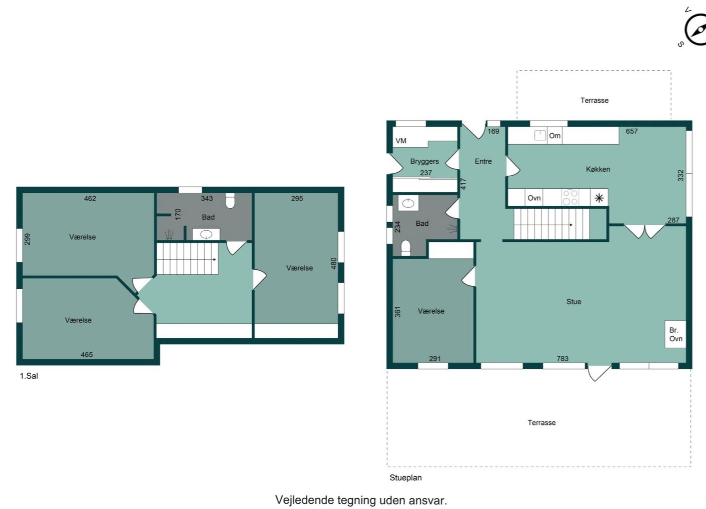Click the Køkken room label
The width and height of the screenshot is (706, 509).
pyautogui.click(x=598, y=169)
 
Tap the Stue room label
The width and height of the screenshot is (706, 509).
pyautogui.click(x=574, y=301)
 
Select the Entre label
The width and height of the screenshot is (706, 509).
pyautogui.click(x=483, y=161)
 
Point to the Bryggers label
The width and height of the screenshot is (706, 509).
pyautogui.click(x=425, y=161)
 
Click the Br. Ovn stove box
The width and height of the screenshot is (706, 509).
pyautogui.click(x=675, y=334)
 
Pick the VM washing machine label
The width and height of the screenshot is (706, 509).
pyautogui.click(x=401, y=141)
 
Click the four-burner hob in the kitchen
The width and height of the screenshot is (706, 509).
pyautogui.click(x=570, y=197)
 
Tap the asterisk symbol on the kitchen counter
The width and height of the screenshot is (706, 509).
pyautogui.click(x=599, y=198)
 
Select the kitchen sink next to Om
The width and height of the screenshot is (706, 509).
pyautogui.click(x=540, y=135)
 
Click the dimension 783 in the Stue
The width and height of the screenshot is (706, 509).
pyautogui.click(x=562, y=358)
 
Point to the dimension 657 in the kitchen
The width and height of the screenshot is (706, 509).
pyautogui.click(x=632, y=131)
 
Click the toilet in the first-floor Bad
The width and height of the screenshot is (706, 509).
pyautogui.click(x=230, y=200)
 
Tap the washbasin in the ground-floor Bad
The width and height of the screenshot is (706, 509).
pyautogui.click(x=408, y=203)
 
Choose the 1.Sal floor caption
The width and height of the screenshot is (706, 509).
pyautogui.click(x=29, y=376)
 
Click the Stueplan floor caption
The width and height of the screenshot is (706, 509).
pyautogui.click(x=406, y=478)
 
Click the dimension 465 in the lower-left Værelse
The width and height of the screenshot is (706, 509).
pyautogui.click(x=86, y=354)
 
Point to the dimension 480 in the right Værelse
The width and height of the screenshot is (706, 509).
pyautogui.click(x=334, y=263)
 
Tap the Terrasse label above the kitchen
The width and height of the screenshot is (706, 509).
pyautogui.click(x=594, y=100)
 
